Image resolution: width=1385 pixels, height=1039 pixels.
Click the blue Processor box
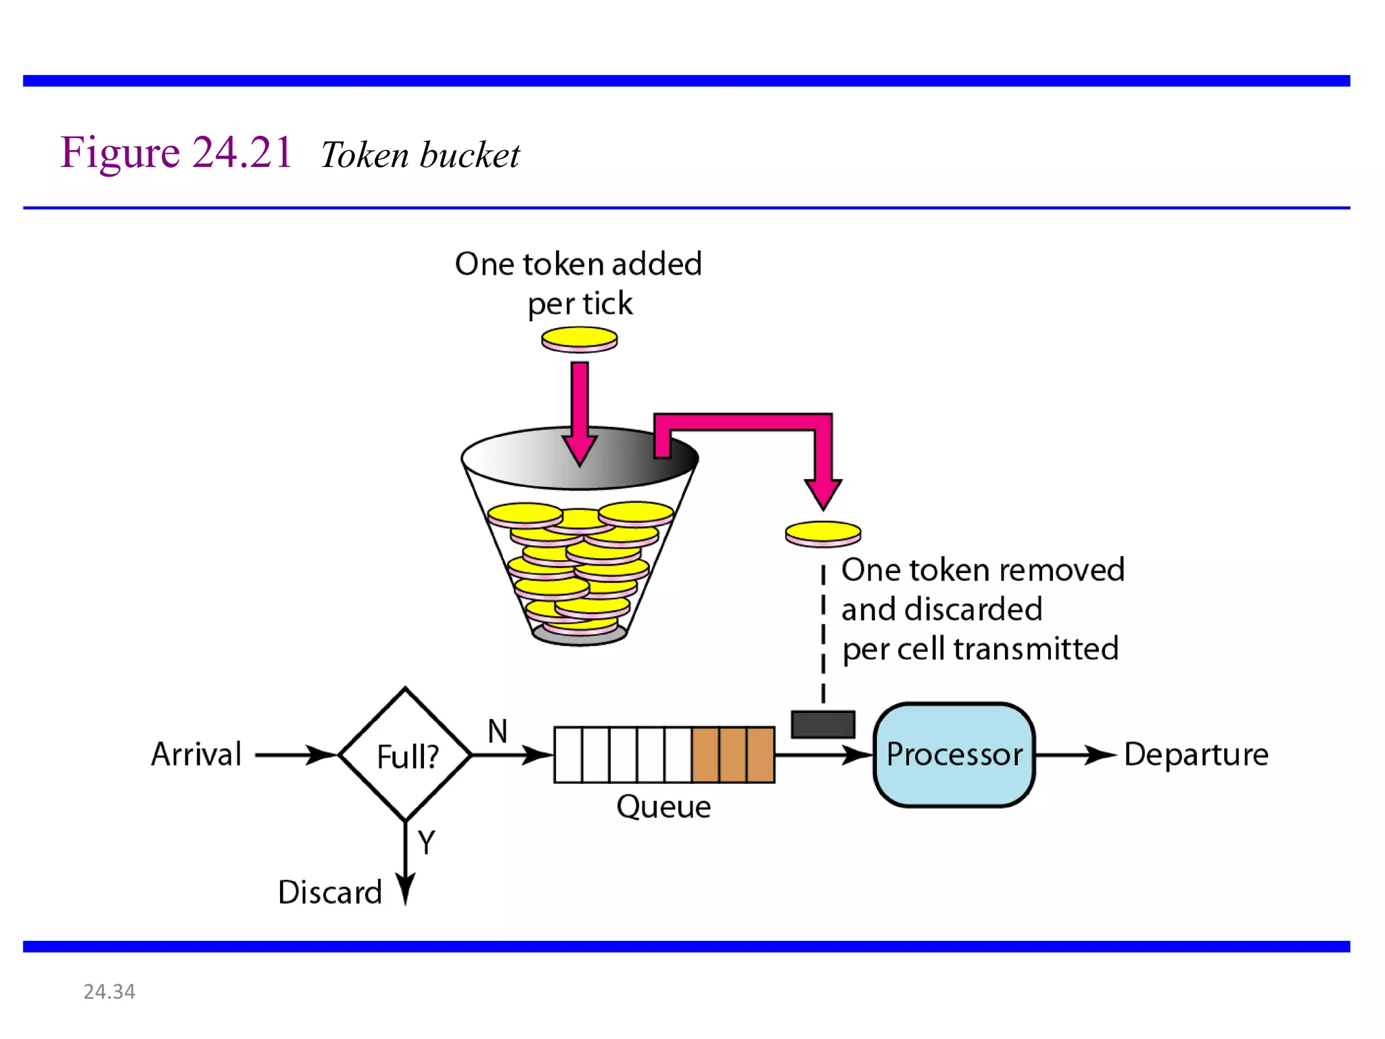pyautogui.click(x=954, y=754)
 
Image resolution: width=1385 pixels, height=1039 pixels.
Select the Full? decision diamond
pyautogui.click(x=406, y=755)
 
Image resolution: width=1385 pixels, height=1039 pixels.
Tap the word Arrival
pyautogui.click(x=196, y=754)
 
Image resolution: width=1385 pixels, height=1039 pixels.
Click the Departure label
pyautogui.click(x=1196, y=754)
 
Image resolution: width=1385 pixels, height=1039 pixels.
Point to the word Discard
pyautogui.click(x=330, y=892)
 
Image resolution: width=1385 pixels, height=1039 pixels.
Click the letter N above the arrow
pyautogui.click(x=498, y=731)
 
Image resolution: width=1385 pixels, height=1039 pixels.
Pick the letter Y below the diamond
pyautogui.click(x=426, y=842)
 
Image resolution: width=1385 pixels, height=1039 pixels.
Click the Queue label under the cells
pyautogui.click(x=663, y=806)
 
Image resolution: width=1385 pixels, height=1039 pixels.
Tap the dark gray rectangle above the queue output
pyautogui.click(x=823, y=724)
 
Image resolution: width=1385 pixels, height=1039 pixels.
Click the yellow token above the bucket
pyautogui.click(x=580, y=338)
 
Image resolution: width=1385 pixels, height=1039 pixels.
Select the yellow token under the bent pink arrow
pyautogui.click(x=823, y=533)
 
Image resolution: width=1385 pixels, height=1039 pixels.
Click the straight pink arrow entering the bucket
pyautogui.click(x=580, y=413)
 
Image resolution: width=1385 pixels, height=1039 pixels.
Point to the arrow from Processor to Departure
pyautogui.click(x=1075, y=754)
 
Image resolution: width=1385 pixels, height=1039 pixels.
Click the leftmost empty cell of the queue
pyautogui.click(x=568, y=754)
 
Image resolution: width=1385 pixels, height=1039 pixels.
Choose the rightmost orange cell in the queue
pyautogui.click(x=761, y=754)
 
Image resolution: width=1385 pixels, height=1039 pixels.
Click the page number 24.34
pyautogui.click(x=109, y=991)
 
